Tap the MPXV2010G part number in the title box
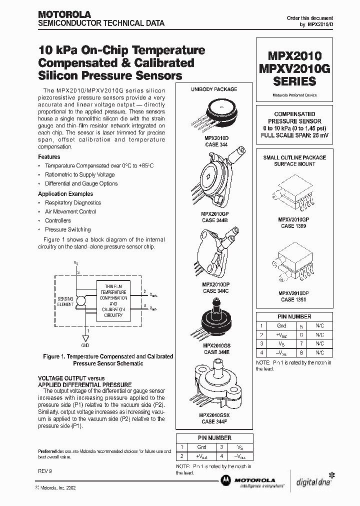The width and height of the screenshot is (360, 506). click(294, 68)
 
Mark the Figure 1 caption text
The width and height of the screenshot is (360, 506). click(107, 360)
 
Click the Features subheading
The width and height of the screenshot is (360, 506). click(49, 156)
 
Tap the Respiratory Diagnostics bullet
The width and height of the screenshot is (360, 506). click(73, 202)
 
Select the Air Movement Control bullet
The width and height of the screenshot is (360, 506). click(70, 211)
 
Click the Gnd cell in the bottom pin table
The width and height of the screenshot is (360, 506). click(201, 447)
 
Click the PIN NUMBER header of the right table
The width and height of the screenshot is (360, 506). click(294, 316)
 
